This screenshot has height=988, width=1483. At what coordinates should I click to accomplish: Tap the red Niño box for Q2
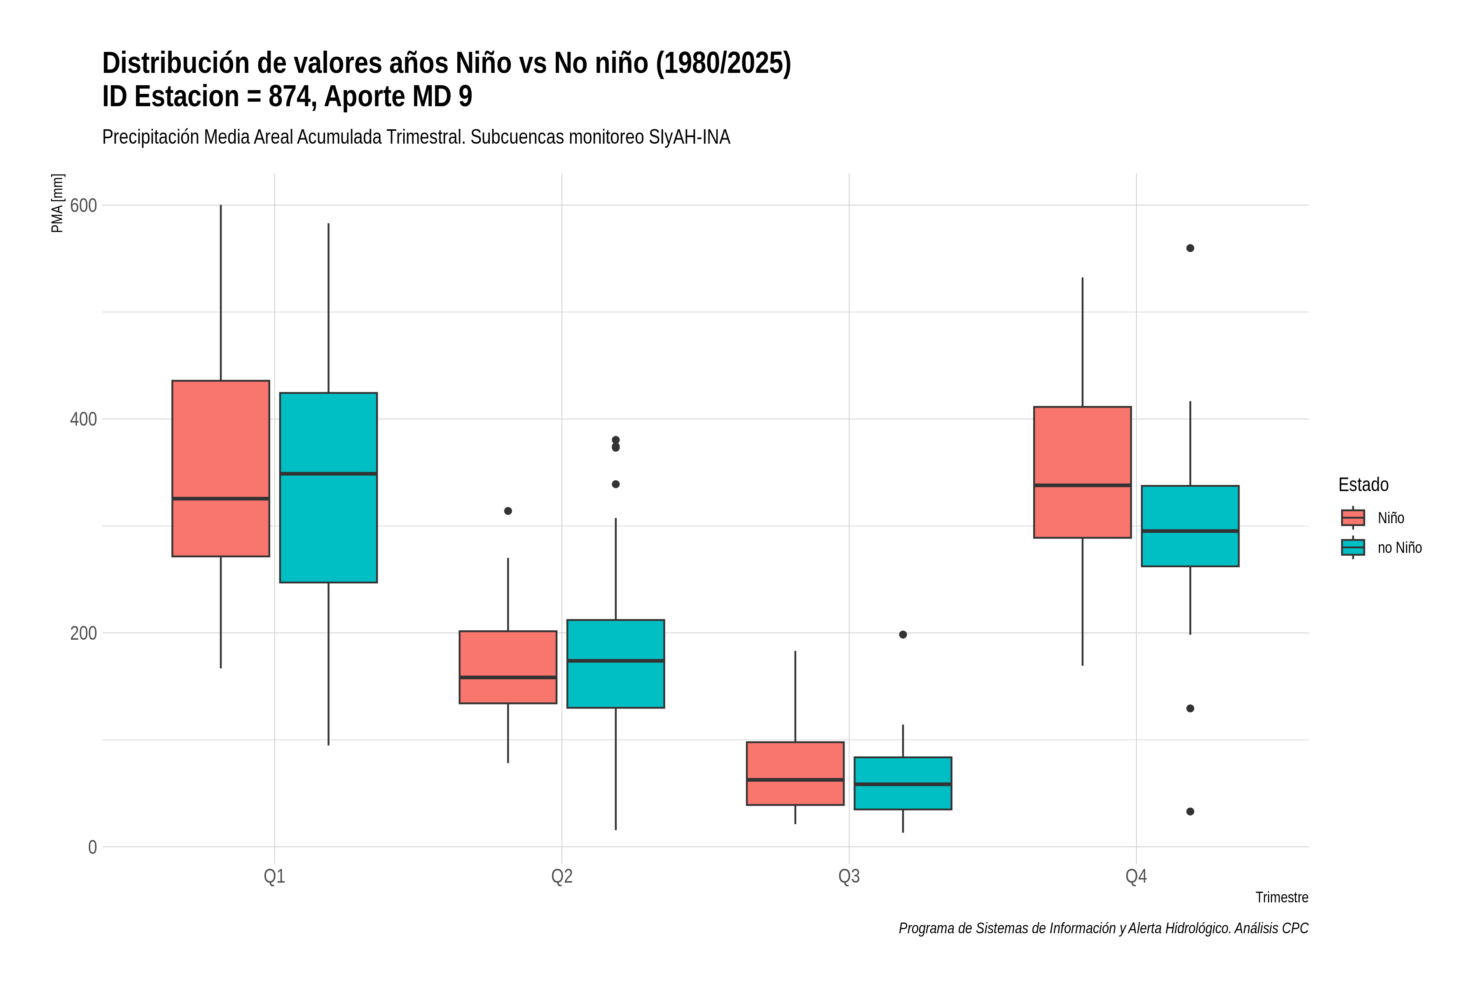(x=508, y=666)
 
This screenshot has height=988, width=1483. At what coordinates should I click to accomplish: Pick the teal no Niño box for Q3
(x=903, y=783)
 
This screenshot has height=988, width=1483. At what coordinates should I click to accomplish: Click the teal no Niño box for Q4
(x=1191, y=526)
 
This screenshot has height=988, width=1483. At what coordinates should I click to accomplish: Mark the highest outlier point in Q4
(x=1191, y=248)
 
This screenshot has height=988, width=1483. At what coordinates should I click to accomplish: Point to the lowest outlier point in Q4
(x=1191, y=811)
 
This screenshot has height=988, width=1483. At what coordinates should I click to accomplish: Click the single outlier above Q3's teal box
(x=903, y=634)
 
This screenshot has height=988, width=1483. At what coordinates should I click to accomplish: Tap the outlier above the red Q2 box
(x=508, y=511)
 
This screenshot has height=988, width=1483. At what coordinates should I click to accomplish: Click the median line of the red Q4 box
(x=1083, y=485)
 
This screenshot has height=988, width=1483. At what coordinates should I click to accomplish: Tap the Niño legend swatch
(x=1353, y=518)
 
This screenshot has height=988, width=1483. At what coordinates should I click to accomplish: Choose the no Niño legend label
(x=1400, y=548)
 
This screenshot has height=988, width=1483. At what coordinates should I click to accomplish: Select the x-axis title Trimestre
(x=1282, y=897)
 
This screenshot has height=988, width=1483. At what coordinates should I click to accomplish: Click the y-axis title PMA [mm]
(x=57, y=203)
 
